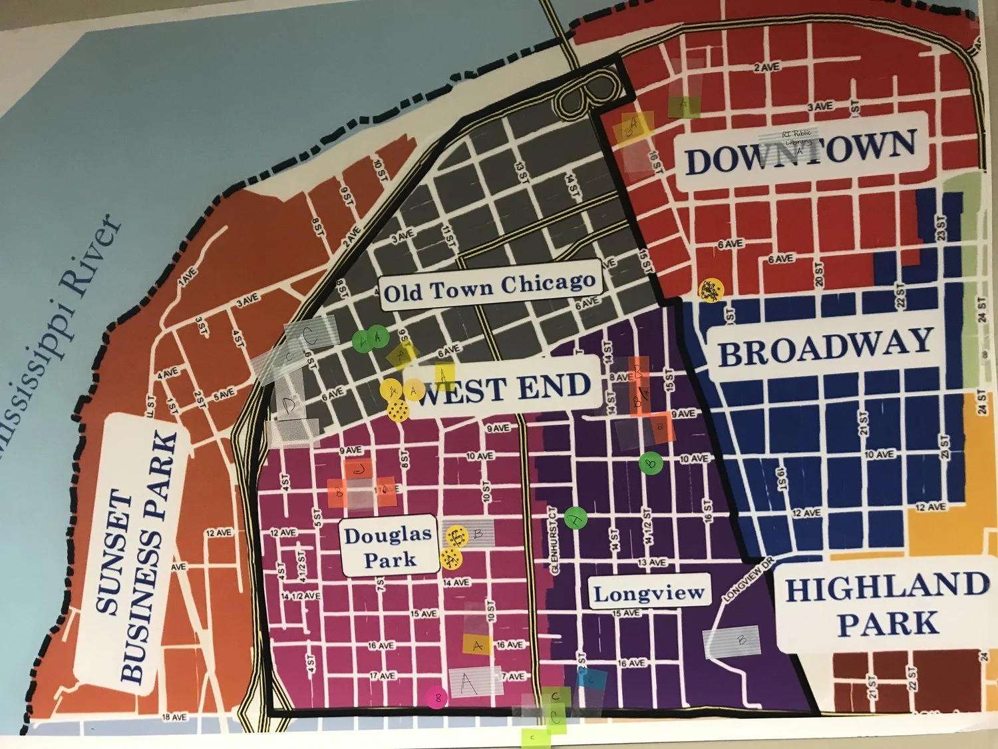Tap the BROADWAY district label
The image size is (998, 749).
click(x=825, y=348)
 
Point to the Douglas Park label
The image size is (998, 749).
click(x=388, y=547)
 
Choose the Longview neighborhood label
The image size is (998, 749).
click(x=648, y=593)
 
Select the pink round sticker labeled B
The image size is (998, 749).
click(x=437, y=698)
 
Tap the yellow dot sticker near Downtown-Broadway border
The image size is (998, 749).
click(x=710, y=290)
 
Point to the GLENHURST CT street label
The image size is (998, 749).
click(x=554, y=540)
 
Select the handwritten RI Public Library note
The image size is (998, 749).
click(x=796, y=138)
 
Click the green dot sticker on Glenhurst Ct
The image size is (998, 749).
click(x=576, y=517)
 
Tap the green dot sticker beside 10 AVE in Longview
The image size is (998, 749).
click(x=651, y=463)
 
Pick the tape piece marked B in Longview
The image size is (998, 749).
click(x=732, y=640)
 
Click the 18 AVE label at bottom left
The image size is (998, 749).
click(x=174, y=717)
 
